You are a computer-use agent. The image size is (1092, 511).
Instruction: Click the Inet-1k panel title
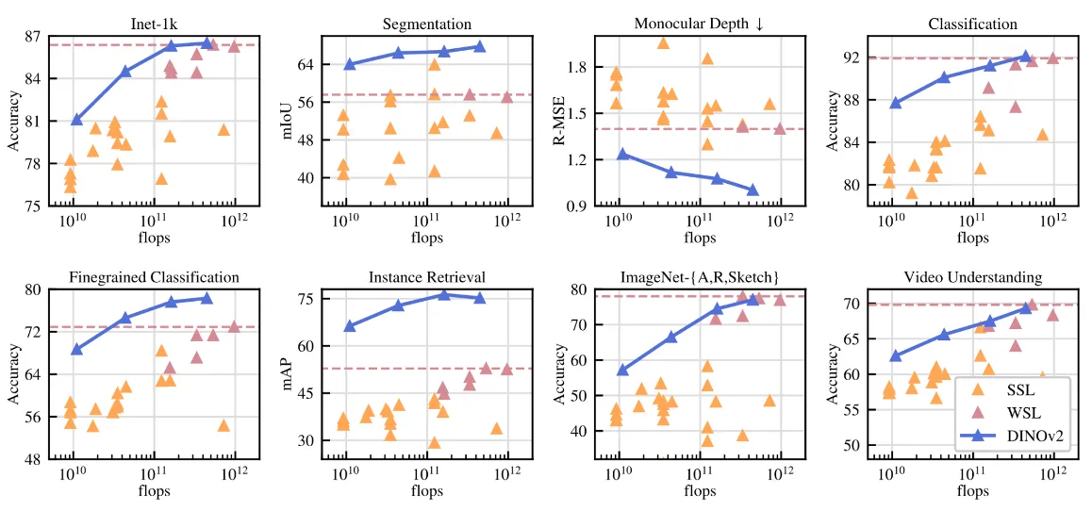point(153,23)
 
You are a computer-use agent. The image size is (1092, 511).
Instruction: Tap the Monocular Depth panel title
point(699,23)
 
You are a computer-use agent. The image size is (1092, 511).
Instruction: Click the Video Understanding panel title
point(972,277)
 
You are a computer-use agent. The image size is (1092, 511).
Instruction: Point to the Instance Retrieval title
point(426,277)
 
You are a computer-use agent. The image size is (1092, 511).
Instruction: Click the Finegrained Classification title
point(154,277)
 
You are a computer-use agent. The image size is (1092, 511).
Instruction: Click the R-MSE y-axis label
point(559,121)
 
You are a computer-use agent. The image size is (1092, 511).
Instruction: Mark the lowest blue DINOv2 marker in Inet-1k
point(77,120)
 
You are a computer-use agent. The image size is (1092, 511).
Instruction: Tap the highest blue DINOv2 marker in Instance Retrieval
point(443,294)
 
